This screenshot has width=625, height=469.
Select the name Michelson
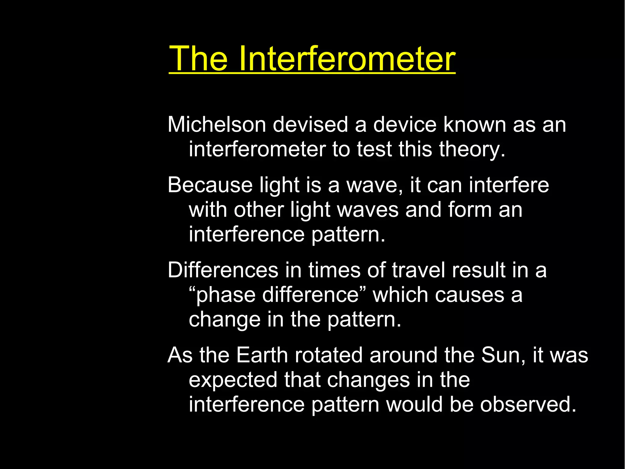217,125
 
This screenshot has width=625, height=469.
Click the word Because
210,185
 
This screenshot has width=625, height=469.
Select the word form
470,210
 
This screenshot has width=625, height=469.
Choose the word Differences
223,270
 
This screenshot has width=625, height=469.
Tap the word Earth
262,355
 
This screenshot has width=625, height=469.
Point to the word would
414,405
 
